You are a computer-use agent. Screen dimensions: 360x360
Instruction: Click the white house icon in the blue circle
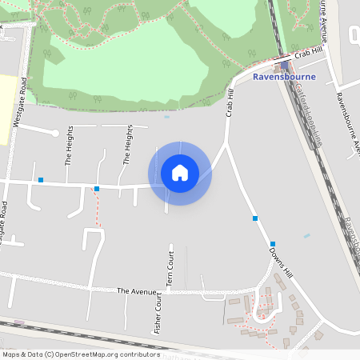[180, 173]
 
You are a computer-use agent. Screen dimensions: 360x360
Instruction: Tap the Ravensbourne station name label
[284, 77]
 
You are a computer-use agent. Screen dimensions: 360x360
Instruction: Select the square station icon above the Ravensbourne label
[285, 66]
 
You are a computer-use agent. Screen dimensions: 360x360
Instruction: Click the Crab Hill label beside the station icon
[307, 54]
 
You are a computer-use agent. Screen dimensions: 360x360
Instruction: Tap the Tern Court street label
[170, 269]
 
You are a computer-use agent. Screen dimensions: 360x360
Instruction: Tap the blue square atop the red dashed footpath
[97, 189]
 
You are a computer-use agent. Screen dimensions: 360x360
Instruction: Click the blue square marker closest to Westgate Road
[40, 180]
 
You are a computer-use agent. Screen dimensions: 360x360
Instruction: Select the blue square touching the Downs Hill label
[273, 244]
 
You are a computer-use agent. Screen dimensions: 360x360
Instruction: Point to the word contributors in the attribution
[140, 354]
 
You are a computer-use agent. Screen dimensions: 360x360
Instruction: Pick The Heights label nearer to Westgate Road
[69, 145]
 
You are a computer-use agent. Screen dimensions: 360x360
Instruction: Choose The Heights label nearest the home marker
[127, 145]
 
